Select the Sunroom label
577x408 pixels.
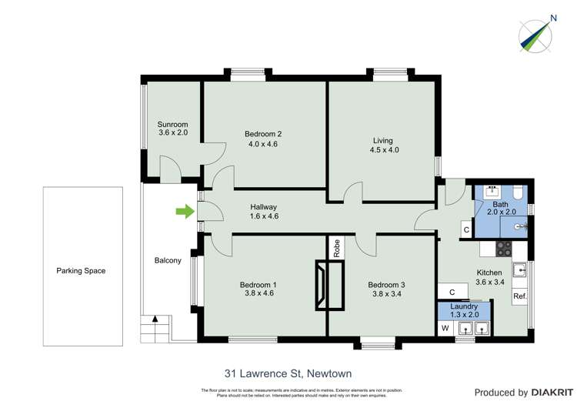(x=173, y=129)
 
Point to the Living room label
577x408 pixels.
(x=382, y=145)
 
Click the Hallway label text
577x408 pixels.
(x=263, y=212)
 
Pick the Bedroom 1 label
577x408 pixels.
(x=260, y=289)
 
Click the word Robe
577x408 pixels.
(x=337, y=248)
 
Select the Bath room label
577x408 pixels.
(x=501, y=209)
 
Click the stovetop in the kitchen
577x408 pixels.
(x=503, y=249)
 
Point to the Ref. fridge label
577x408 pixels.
(x=520, y=296)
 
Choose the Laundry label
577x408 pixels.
(x=464, y=310)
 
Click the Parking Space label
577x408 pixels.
(x=81, y=271)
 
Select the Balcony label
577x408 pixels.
(x=168, y=260)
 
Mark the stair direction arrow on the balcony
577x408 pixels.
(x=156, y=319)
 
